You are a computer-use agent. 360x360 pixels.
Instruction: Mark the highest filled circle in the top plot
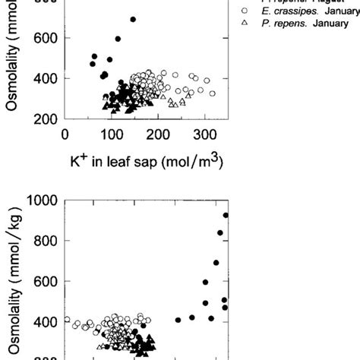tap(134, 19)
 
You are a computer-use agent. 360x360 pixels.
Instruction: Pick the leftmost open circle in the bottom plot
tap(68, 320)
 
